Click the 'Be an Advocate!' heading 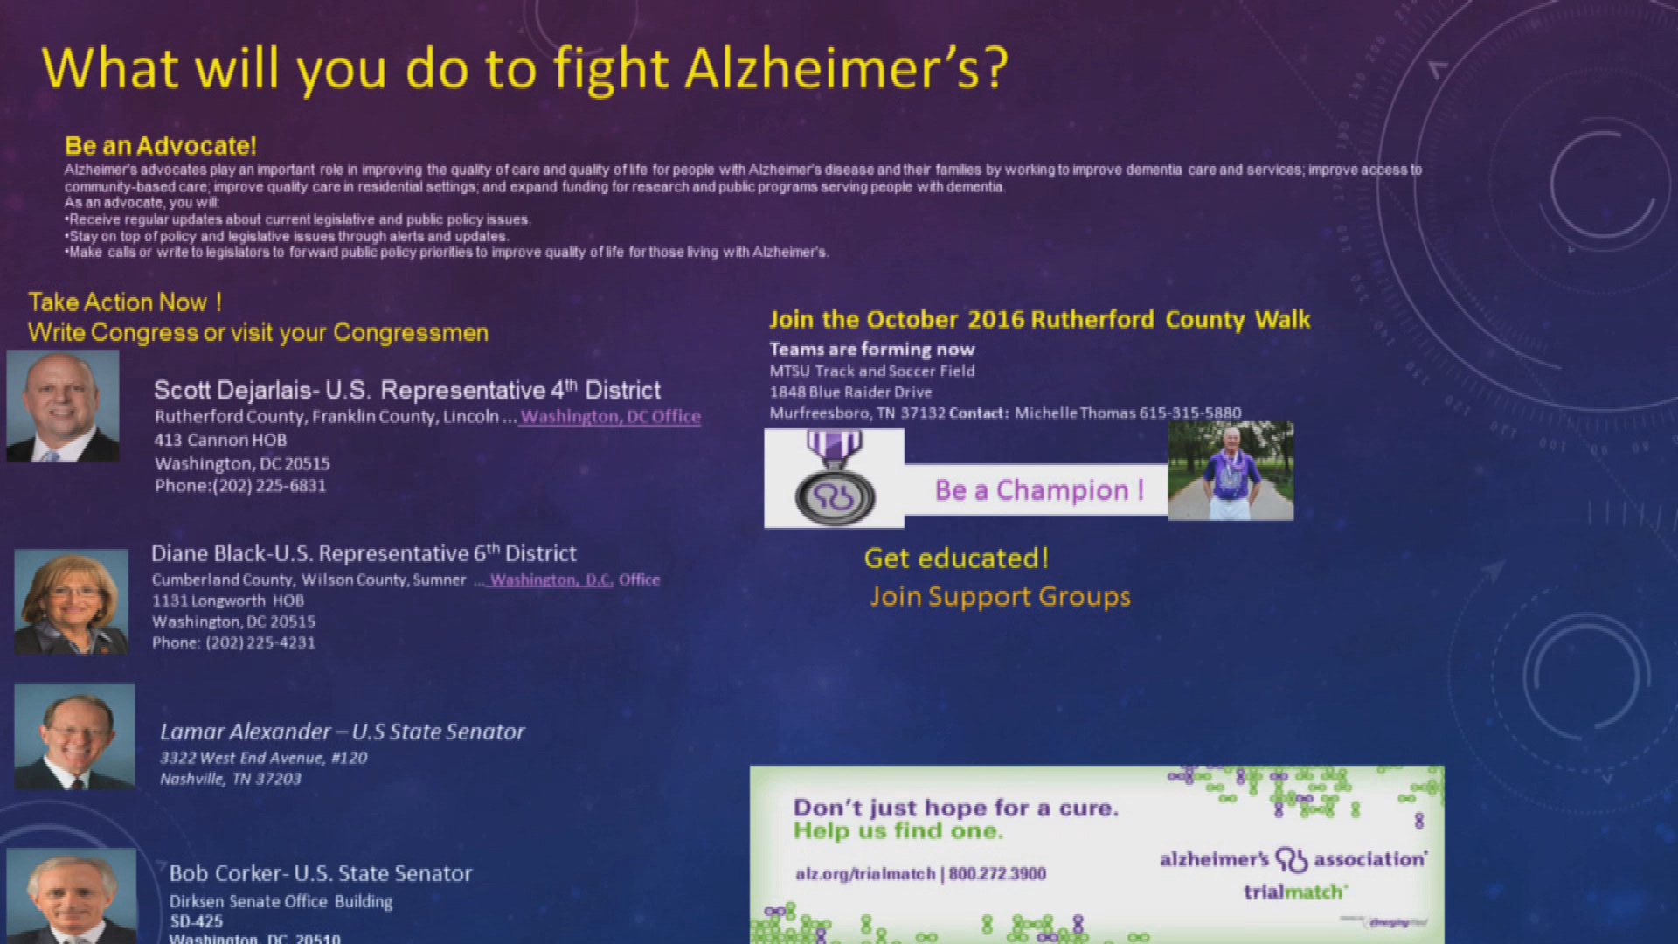[160, 146]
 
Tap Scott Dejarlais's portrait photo [63, 406]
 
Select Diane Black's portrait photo [72, 602]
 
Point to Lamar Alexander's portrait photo [75, 737]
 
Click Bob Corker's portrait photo [72, 897]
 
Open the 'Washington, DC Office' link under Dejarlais [610, 417]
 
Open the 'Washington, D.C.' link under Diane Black [551, 580]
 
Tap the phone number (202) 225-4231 [260, 642]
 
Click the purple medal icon [834, 479]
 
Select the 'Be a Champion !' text [1038, 490]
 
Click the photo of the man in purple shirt [1231, 472]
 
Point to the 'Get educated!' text [956, 559]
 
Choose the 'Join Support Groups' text [1000, 597]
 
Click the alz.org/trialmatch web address [865, 873]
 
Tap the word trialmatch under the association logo [1293, 892]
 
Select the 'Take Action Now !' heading [125, 302]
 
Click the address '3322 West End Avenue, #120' [263, 758]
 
